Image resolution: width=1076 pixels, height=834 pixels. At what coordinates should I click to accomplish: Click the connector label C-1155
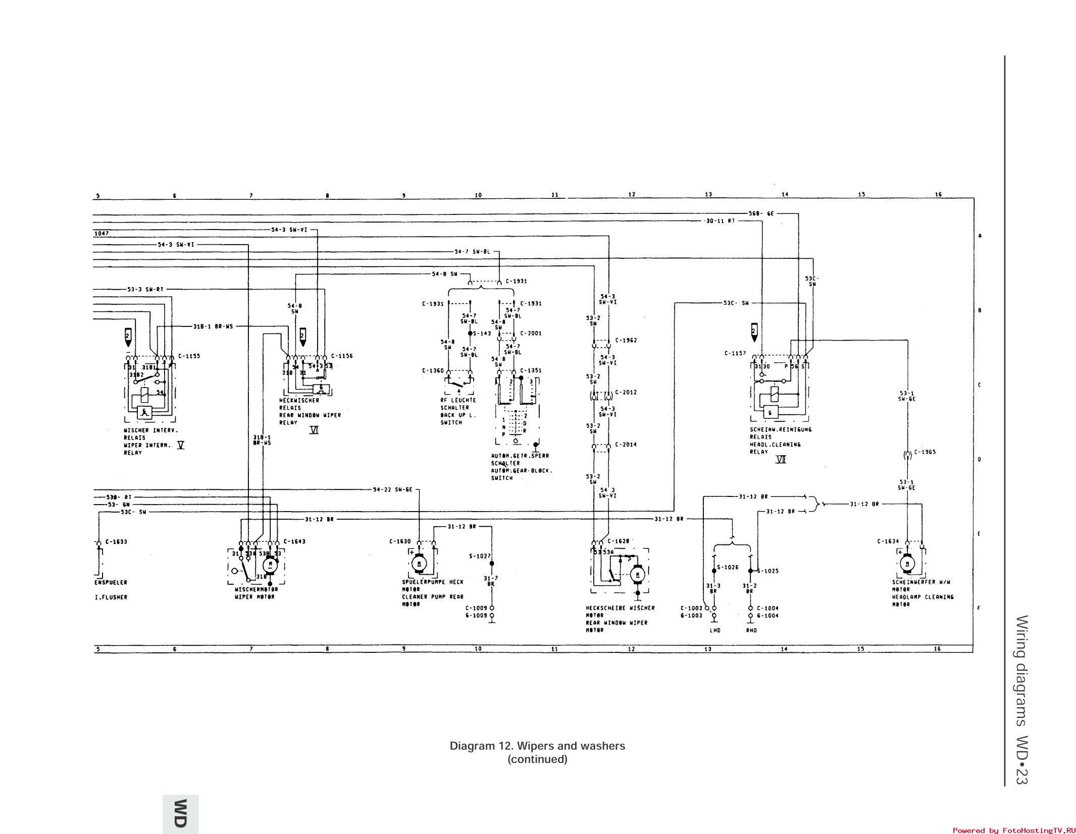189,356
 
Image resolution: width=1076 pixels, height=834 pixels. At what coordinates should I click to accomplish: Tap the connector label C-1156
342,356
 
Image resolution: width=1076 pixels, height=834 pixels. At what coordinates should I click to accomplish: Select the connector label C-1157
735,353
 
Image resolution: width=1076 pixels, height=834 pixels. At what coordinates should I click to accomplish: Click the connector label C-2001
531,333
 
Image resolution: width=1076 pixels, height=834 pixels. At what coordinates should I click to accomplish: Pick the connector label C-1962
626,340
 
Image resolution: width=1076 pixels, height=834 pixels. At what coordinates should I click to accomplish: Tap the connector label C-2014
626,444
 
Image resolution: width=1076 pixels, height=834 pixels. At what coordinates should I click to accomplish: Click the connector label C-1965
925,452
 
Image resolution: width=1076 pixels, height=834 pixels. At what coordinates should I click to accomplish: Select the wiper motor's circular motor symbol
270,564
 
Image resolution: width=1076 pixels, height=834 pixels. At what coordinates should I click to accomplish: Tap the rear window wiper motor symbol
637,574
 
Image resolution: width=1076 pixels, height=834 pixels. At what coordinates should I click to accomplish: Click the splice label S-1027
480,556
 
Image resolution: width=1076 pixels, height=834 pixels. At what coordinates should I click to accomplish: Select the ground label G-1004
767,616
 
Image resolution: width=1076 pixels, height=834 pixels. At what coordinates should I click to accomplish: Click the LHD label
714,630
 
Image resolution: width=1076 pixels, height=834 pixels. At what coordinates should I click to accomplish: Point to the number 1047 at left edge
101,234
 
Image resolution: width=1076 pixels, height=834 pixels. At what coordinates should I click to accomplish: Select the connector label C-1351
531,370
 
